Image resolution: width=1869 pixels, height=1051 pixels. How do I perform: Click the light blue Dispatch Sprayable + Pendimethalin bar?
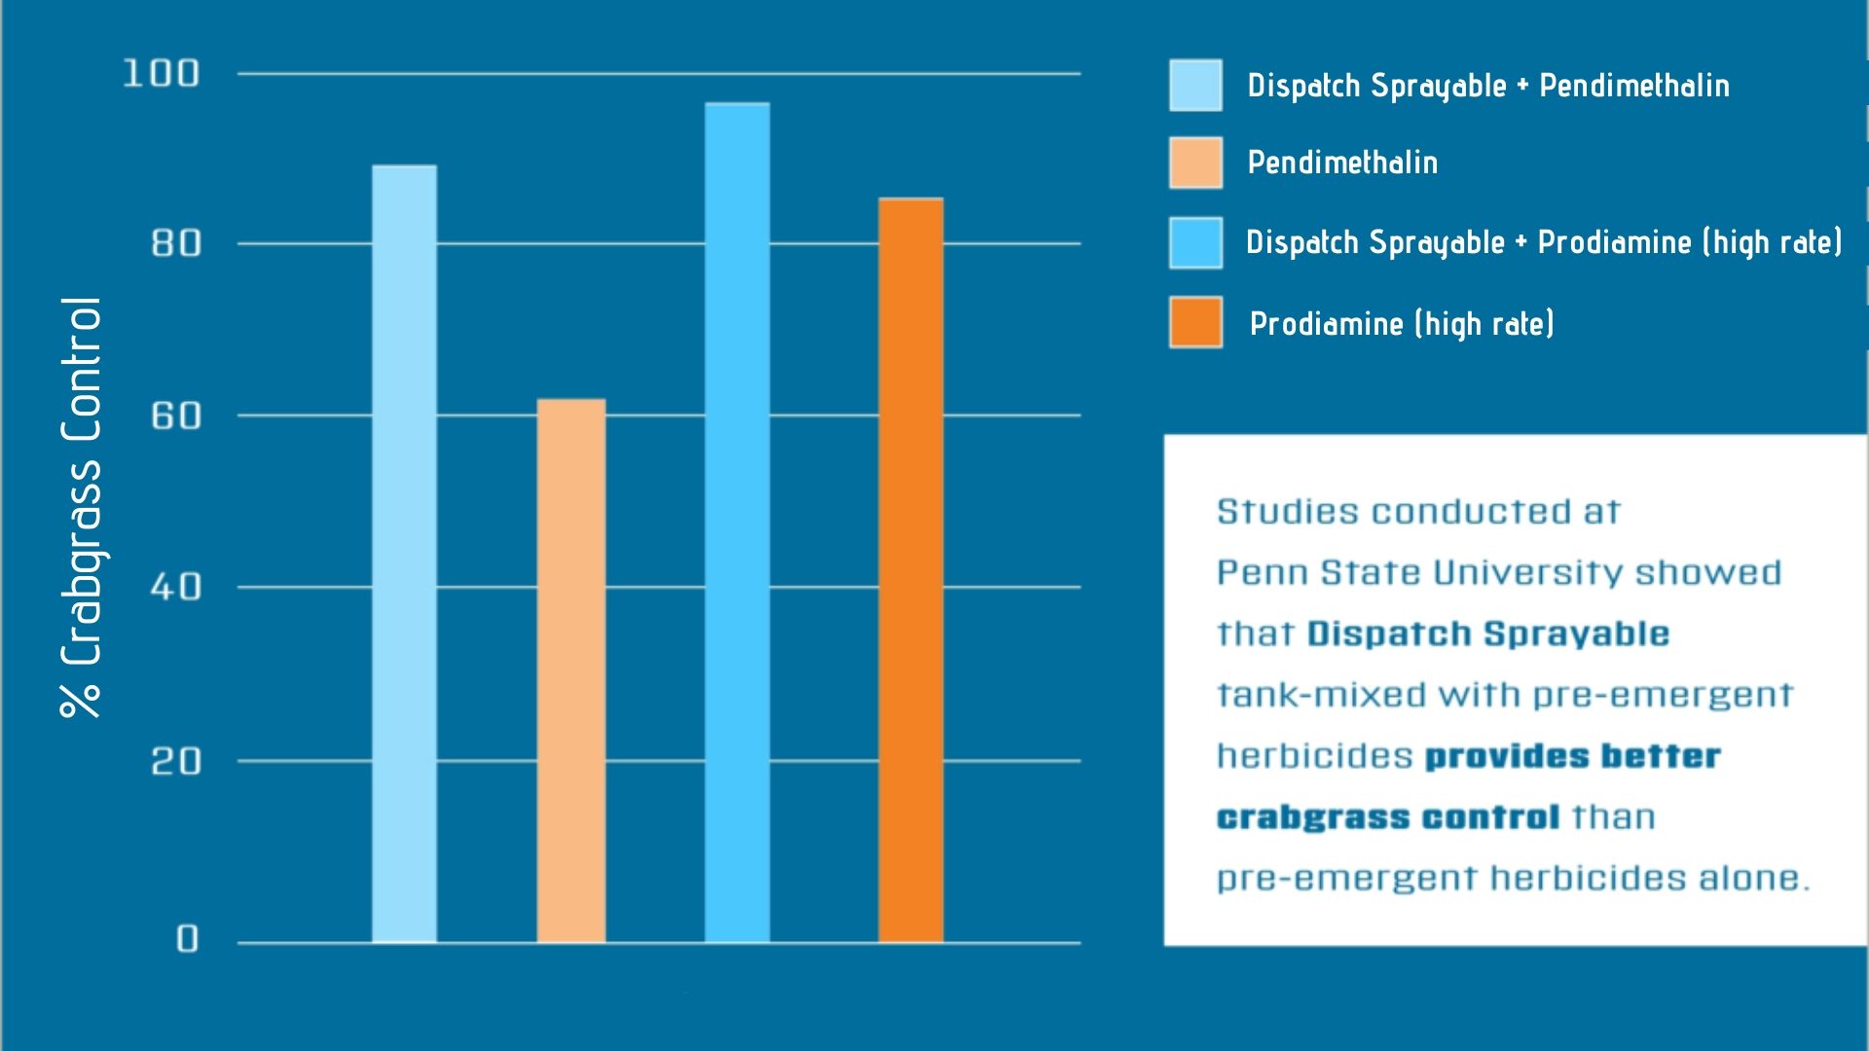pos(404,555)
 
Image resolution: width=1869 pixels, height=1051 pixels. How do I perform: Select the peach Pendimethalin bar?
pos(570,671)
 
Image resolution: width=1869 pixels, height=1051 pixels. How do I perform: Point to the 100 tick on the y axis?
pos(161,74)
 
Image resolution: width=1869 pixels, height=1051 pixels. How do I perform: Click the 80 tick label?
pos(176,243)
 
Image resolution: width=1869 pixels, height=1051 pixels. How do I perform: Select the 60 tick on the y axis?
pos(176,417)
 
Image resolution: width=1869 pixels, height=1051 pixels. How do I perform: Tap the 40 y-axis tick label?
pos(176,588)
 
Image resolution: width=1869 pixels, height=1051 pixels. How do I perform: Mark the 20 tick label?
pos(176,761)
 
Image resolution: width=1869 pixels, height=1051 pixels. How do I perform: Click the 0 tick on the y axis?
pos(187,939)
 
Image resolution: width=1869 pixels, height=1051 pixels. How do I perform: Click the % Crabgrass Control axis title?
pos(82,508)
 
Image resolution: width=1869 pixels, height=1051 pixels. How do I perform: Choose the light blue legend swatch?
pos(1195,85)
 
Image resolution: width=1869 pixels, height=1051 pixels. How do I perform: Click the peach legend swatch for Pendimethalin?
pos(1195,163)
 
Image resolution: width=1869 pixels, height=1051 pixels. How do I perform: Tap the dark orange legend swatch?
pos(1195,322)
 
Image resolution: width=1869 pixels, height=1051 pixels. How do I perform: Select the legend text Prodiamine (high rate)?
pos(1402,323)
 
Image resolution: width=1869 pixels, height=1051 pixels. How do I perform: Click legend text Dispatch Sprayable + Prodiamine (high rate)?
pos(1544,242)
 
